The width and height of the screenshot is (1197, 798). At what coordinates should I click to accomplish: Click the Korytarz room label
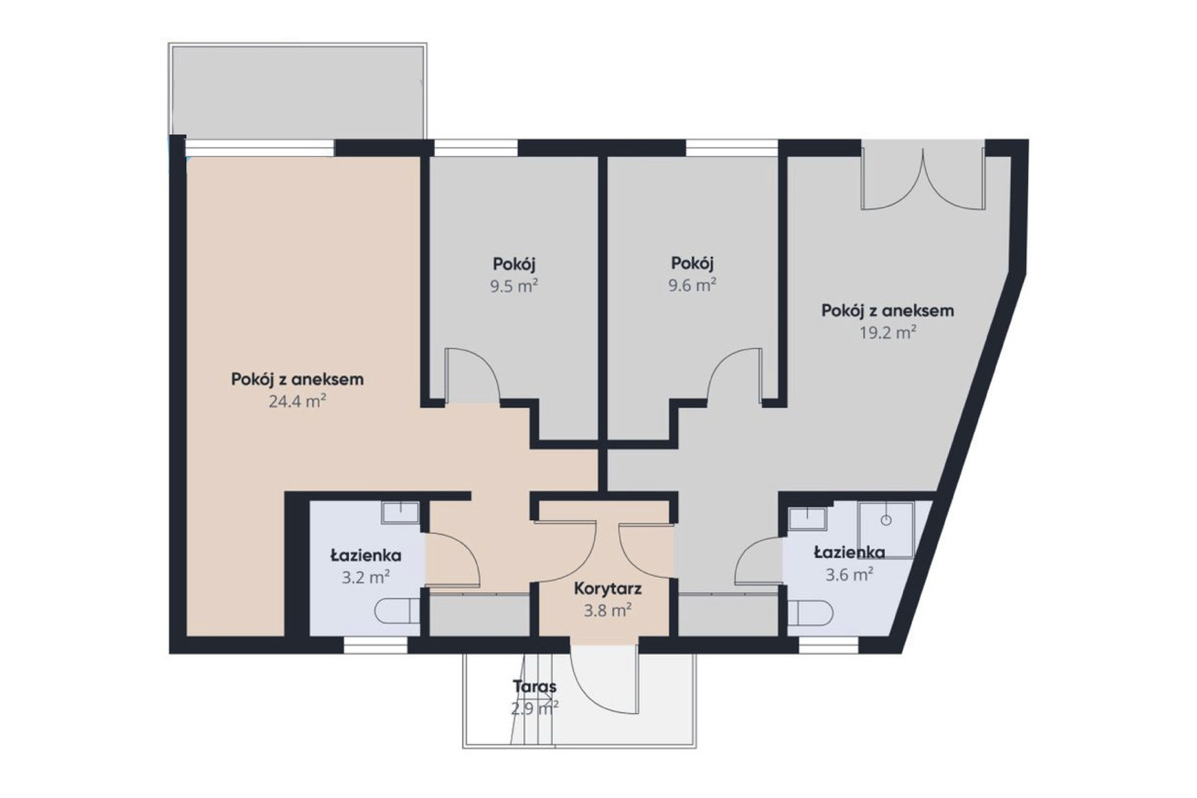point(607,589)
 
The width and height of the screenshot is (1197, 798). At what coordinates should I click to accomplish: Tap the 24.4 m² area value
point(297,401)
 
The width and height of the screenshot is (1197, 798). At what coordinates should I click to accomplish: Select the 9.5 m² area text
point(514,286)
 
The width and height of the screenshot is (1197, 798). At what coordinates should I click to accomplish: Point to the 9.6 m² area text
point(692,285)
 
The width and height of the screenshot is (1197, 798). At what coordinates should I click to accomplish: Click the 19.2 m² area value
point(888,332)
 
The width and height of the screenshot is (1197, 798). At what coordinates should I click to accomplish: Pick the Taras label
point(535,686)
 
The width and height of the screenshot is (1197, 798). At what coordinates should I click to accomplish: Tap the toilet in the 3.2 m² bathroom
point(397,611)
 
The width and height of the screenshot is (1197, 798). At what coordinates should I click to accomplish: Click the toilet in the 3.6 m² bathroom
point(811,613)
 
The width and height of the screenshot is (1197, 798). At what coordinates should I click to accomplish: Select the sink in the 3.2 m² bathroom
point(400,513)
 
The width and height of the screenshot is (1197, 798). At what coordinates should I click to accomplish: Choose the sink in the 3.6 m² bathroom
point(807,519)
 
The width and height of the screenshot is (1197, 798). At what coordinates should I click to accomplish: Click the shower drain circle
point(886,520)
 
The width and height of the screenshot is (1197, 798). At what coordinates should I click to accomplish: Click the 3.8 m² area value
point(607,610)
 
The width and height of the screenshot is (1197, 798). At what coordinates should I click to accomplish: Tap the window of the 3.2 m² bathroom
point(376,644)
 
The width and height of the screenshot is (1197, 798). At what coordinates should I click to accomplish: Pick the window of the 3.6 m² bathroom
point(829,644)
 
